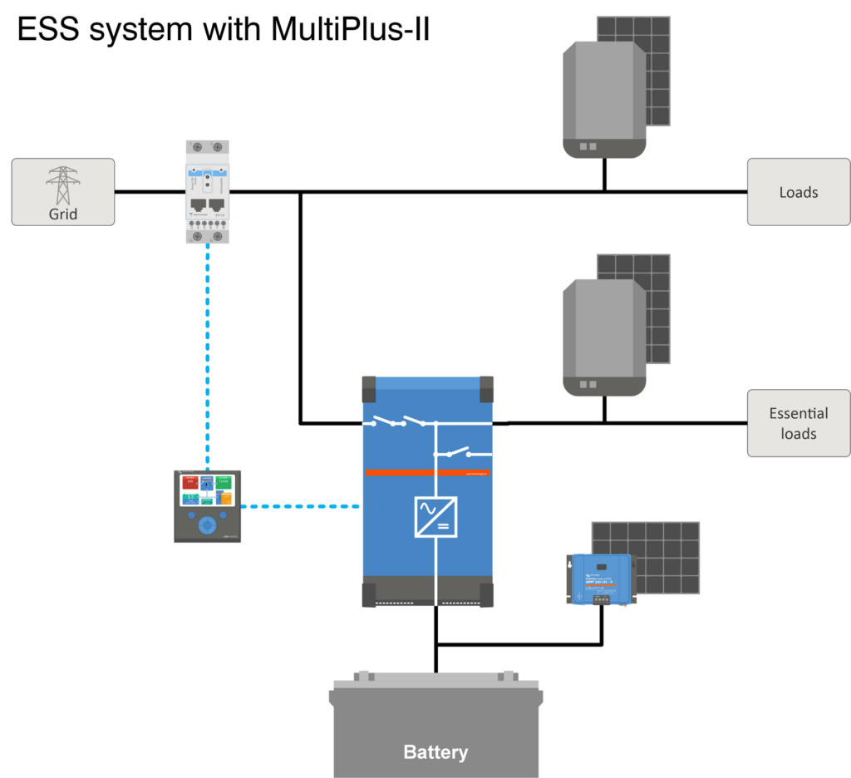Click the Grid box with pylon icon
[x=62, y=192]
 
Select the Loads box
[x=798, y=192]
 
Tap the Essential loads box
[x=798, y=423]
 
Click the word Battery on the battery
[x=435, y=752]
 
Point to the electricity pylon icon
[x=62, y=185]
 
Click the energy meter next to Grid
[x=207, y=192]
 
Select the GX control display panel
[x=207, y=506]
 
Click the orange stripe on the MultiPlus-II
[x=427, y=473]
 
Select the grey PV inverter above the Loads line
[x=604, y=98]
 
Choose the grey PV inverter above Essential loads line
[x=604, y=337]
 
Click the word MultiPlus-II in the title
[x=350, y=30]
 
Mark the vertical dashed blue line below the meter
[x=207, y=357]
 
